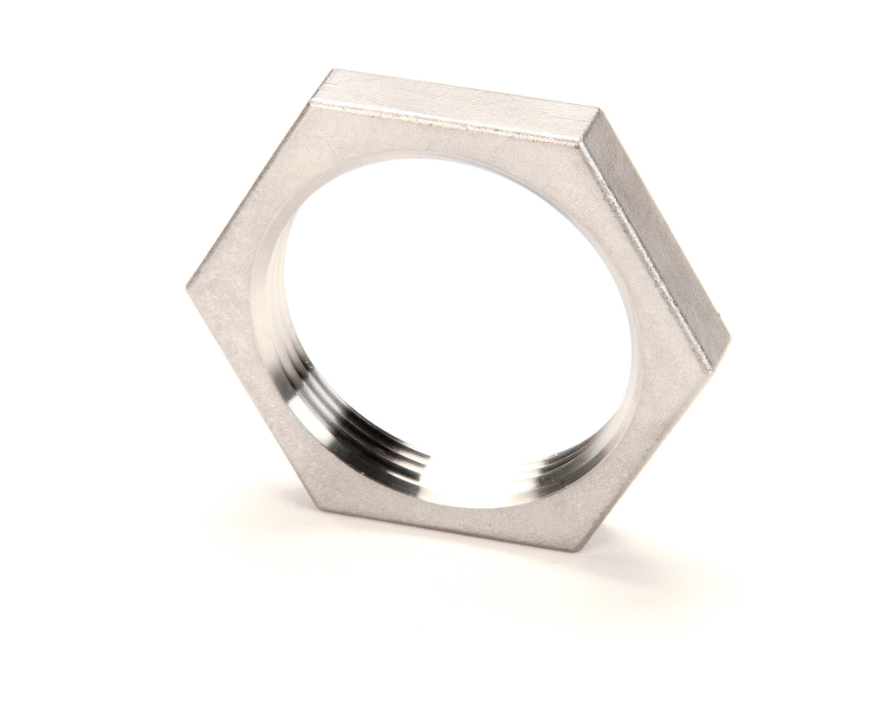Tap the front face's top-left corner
coord(310,105)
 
